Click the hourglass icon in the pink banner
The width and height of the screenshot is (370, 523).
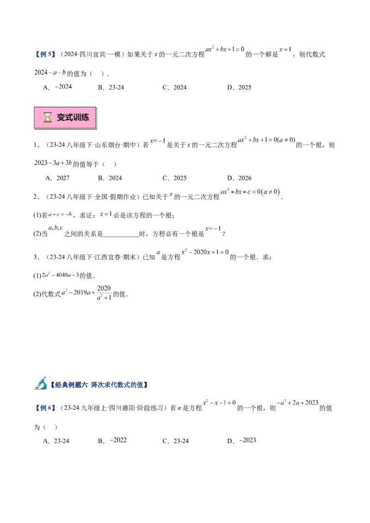(x=47, y=118)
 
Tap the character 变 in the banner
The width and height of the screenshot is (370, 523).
(x=61, y=118)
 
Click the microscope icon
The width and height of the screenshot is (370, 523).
(x=41, y=383)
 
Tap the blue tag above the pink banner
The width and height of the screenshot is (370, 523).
(x=44, y=55)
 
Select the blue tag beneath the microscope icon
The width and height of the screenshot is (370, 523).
(x=44, y=408)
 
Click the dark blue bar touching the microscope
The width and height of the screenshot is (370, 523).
(x=69, y=384)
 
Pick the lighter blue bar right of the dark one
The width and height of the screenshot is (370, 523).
(x=118, y=384)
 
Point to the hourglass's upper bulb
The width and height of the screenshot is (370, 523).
(x=47, y=115)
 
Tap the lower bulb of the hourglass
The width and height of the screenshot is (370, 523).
(x=47, y=121)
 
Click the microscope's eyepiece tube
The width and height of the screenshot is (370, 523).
(x=42, y=379)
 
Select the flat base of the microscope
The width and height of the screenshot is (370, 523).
(x=39, y=389)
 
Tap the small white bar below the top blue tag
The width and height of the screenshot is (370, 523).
(x=63, y=91)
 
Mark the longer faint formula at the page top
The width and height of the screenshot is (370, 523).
(x=224, y=49)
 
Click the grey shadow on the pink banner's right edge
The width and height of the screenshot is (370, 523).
(x=99, y=119)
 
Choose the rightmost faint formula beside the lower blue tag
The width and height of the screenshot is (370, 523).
(x=298, y=403)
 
